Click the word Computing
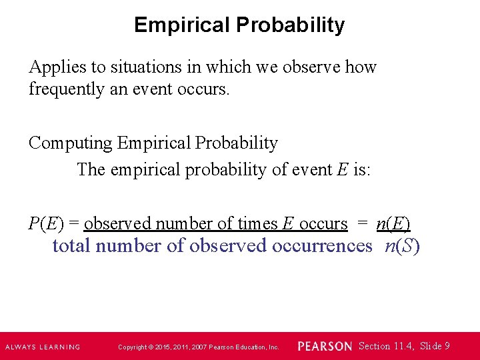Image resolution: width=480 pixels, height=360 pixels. pos(70,143)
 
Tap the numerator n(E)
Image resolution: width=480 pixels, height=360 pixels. pos(393,224)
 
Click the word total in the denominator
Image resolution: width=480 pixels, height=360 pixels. pos(71,246)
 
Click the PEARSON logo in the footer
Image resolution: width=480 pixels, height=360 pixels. pos(325,346)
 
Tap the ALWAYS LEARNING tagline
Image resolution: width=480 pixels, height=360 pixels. pos(43,347)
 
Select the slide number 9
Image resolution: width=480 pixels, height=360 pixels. pos(447,345)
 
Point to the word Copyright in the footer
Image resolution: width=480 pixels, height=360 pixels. pos(132,347)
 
